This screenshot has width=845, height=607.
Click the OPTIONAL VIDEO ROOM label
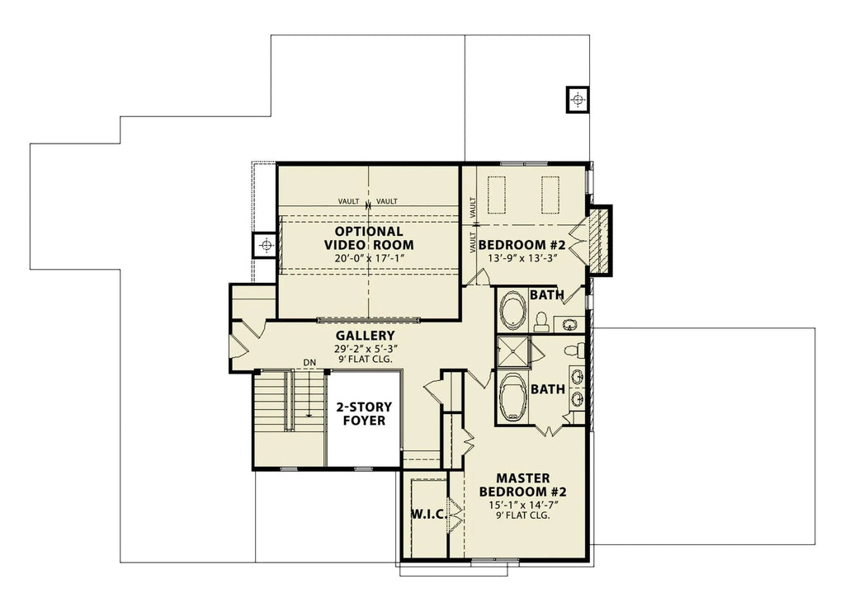pos(368,238)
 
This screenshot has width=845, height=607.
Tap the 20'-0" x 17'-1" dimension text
pos(368,258)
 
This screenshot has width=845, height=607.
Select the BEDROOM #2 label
pos(521,245)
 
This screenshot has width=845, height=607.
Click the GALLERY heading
pos(365,336)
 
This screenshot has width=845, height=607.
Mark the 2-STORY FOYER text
pos(363,413)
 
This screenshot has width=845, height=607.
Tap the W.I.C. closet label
pos(427,515)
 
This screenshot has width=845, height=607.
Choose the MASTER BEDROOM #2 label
pos(522,485)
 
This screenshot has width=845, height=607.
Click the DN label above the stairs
pos(309,362)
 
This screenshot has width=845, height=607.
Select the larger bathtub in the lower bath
pos(514,397)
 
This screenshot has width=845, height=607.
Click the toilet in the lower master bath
pos(575,351)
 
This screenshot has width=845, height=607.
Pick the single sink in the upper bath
pos(569,323)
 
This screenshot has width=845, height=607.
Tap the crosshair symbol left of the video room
pos(266,245)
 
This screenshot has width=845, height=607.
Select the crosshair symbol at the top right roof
pos(577,100)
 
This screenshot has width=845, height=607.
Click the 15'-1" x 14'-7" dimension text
pos(522,503)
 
